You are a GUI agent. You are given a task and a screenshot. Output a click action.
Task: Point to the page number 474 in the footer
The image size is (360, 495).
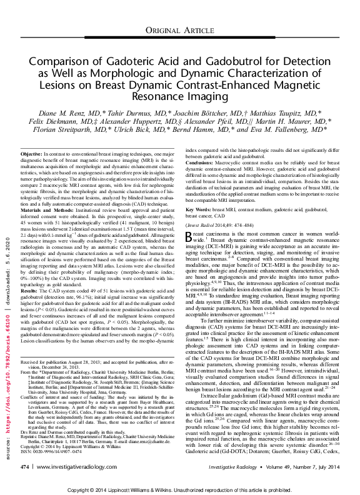(x=25, y=466)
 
